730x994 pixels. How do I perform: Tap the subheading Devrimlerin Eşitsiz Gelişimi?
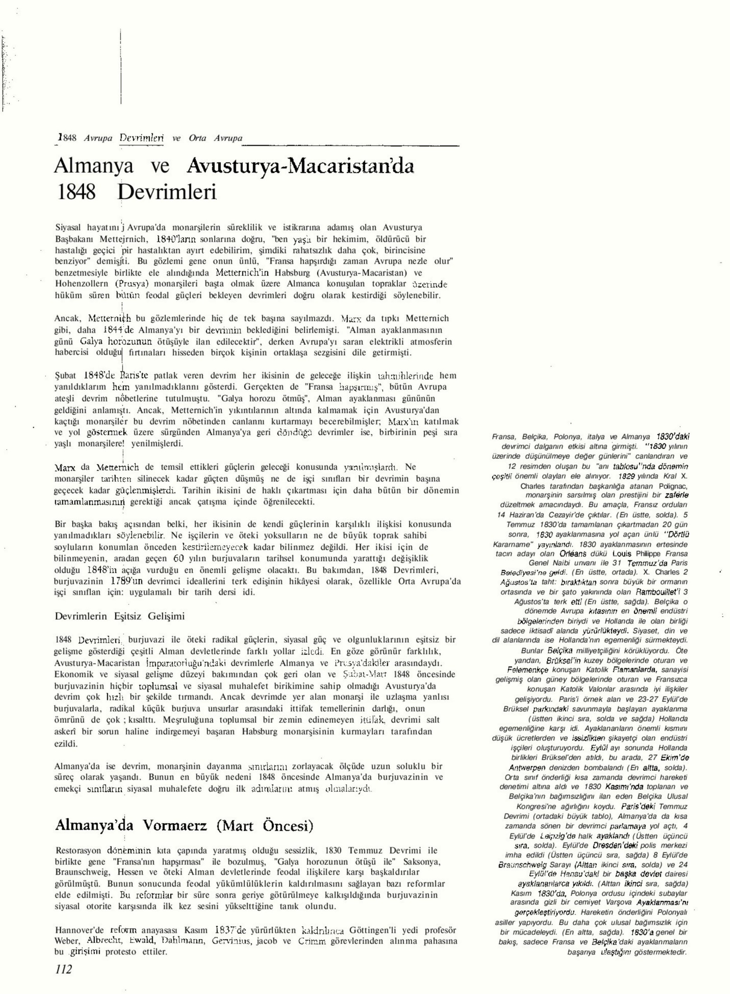[120, 616]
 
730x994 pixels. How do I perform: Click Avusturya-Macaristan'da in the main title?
[300, 167]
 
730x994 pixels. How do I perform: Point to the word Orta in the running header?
[198, 138]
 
